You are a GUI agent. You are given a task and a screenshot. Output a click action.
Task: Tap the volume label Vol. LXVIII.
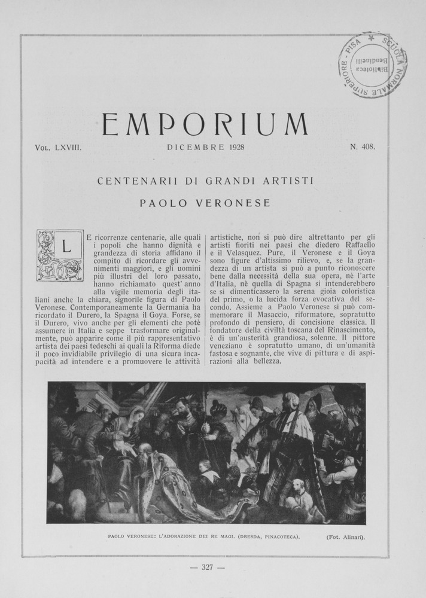(x=59, y=147)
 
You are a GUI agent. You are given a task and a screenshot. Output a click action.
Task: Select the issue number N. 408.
(x=363, y=147)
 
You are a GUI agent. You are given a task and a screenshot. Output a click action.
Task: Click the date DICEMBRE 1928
(x=206, y=147)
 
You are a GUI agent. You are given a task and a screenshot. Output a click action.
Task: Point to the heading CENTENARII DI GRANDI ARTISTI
(x=205, y=179)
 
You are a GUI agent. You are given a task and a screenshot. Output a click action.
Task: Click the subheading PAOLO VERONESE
(x=205, y=203)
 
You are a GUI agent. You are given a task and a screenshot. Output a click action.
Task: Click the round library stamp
(x=372, y=65)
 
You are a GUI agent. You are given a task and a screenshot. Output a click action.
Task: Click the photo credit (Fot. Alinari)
(x=345, y=536)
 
